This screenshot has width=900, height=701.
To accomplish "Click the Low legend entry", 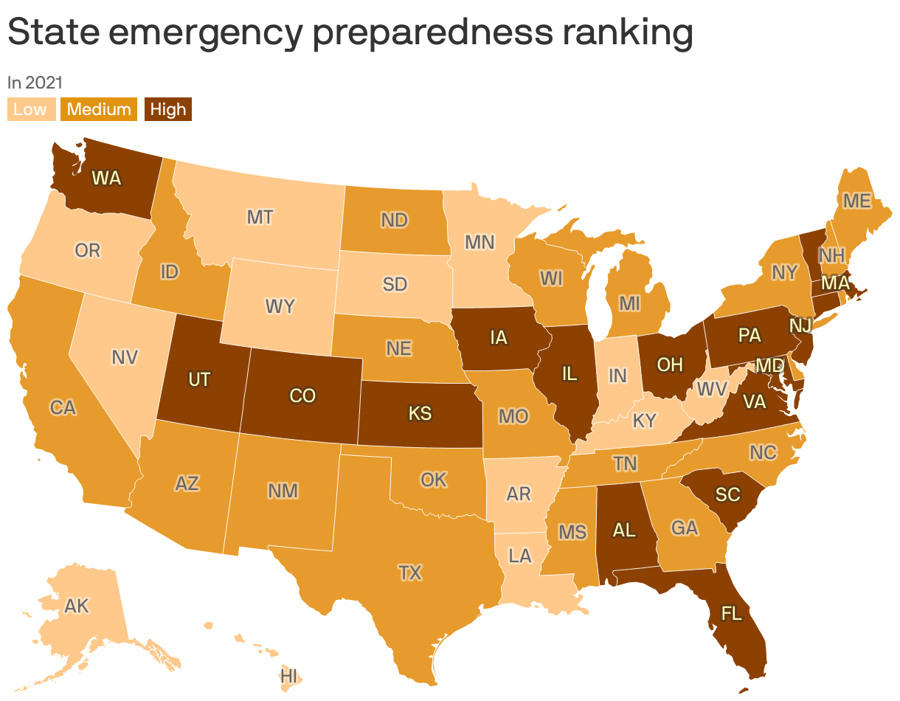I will point(30,110).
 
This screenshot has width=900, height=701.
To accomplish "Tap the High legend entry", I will point(167,110).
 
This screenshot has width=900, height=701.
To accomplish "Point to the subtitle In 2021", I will point(35,83).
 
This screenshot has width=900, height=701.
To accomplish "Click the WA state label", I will point(106,178).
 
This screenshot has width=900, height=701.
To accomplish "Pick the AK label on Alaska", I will point(77,607).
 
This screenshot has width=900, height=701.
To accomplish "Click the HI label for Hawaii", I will point(288,676).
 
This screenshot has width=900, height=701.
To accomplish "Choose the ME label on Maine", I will point(856,201).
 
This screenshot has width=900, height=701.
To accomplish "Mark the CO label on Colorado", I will point(302,396).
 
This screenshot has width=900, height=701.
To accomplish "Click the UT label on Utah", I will point(199,380).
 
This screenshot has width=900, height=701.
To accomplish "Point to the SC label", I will point(727,494).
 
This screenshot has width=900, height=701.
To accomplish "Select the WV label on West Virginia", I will point(711,388).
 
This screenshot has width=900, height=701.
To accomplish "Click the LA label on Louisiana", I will point(521,555).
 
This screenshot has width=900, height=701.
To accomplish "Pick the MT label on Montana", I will point(260,218).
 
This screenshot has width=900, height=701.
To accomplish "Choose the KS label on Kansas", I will point(420,414).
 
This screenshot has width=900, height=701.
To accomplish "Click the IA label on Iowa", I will point(499,338).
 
